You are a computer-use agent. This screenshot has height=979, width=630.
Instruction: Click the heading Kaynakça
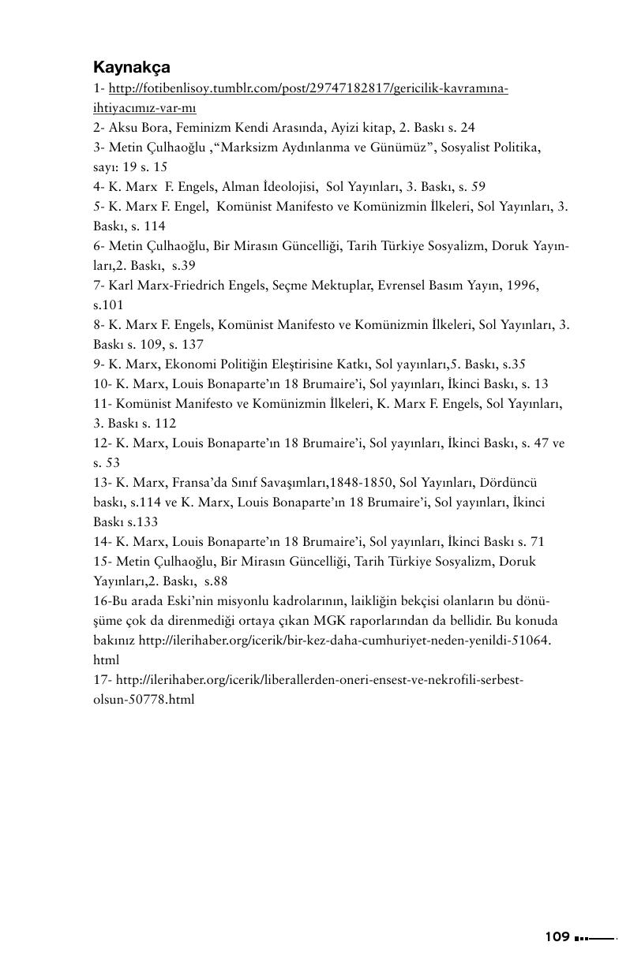point(132,67)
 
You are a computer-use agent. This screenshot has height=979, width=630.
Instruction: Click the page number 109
point(557,936)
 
